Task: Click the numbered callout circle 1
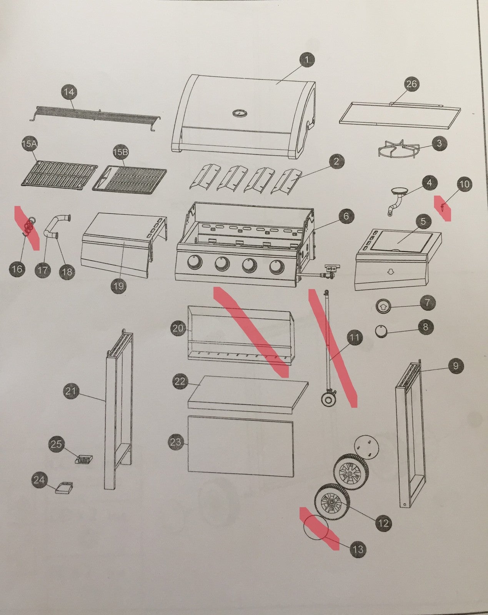306,60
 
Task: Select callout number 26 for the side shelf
411,84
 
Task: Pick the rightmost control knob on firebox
276,266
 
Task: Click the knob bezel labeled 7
383,307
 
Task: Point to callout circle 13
358,549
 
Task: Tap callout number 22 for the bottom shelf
180,382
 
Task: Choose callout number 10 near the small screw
465,184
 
